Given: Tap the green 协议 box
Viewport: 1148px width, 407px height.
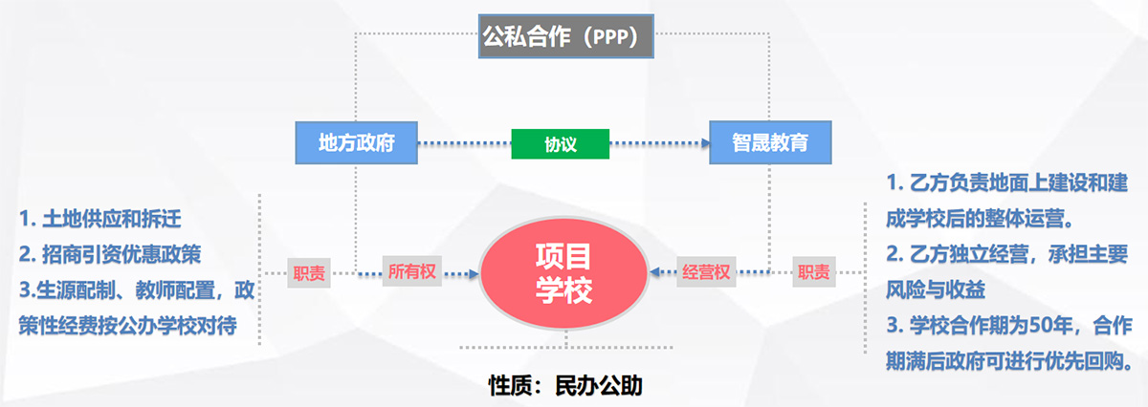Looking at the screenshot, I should pyautogui.click(x=561, y=144).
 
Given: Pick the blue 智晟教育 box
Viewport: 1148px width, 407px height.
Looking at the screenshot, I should pyautogui.click(x=770, y=144).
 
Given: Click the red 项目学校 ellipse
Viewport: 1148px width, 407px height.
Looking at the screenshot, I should pyautogui.click(x=563, y=273).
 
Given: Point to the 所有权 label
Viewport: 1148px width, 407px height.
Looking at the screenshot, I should pyautogui.click(x=412, y=272).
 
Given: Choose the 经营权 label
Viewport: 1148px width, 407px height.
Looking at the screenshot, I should pyautogui.click(x=707, y=272).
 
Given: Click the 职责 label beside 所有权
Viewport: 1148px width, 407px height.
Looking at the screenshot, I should pyautogui.click(x=309, y=273).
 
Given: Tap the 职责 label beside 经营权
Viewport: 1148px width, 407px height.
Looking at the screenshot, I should pyautogui.click(x=814, y=272).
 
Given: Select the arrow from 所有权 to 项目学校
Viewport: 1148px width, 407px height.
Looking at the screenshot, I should pyautogui.click(x=460, y=273).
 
